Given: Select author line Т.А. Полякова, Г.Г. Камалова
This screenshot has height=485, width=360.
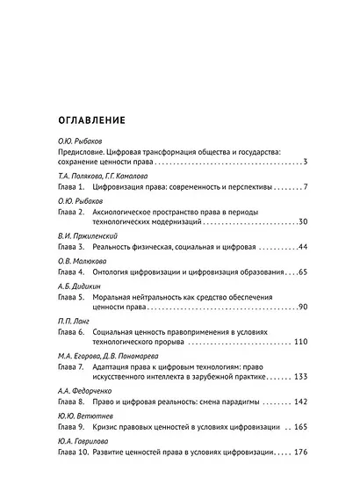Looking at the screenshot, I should click(x=96, y=177).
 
